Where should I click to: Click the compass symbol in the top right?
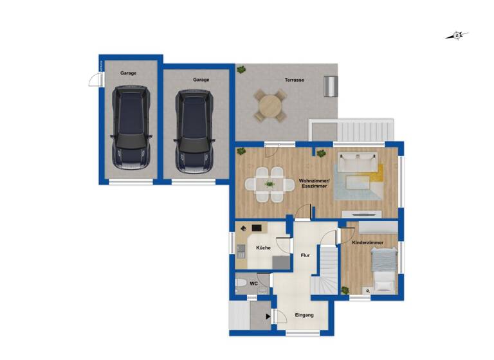457,35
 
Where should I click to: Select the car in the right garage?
195,130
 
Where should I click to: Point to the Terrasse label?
295,80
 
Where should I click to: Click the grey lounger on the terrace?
331,85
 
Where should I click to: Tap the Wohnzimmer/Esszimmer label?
314,183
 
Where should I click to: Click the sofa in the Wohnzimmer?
356,164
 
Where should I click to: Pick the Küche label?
263,248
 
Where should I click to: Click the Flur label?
305,255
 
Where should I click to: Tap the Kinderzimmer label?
368,242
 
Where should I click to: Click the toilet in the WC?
240,283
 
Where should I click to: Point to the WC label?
254,282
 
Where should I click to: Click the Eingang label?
304,315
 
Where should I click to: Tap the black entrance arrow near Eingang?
269,316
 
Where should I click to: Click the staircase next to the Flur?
327,270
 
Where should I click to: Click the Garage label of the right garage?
201,80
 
